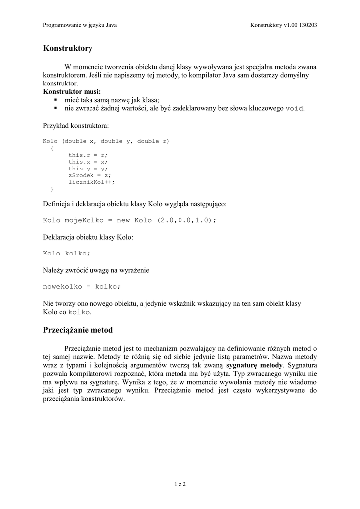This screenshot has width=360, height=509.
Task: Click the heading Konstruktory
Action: (x=68, y=48)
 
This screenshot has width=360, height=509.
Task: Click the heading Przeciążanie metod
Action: (x=78, y=330)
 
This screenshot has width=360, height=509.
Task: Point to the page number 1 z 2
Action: (x=180, y=484)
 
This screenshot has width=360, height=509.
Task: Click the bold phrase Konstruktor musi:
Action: (x=72, y=92)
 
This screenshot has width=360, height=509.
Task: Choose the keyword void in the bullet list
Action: (x=294, y=108)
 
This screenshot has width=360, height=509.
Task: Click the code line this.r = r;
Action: (x=88, y=155)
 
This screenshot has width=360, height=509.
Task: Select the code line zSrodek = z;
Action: (x=90, y=175)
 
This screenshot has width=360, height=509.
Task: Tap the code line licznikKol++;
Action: (x=91, y=182)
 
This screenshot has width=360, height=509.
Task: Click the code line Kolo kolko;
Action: (x=67, y=254)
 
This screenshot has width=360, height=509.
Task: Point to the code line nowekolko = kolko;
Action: (x=82, y=286)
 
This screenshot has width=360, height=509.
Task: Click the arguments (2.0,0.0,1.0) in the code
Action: (x=185, y=220)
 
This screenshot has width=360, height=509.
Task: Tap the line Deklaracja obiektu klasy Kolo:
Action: (x=88, y=237)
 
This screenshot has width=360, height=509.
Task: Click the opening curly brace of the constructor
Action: (x=52, y=148)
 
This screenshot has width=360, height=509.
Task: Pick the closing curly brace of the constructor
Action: (x=52, y=189)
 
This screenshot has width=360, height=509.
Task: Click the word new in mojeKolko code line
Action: (x=123, y=220)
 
